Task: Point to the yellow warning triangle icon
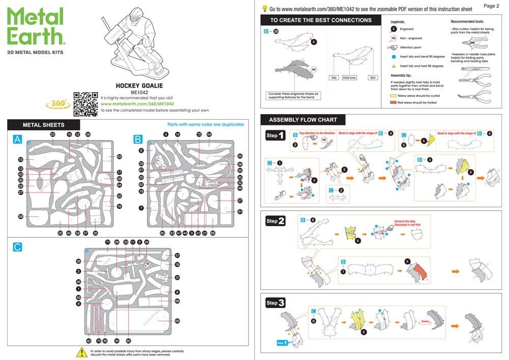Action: (x=81, y=352)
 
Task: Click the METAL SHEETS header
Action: (x=44, y=125)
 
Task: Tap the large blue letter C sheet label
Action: (x=17, y=247)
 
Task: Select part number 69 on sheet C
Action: (x=177, y=321)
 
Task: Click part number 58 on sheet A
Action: (x=21, y=216)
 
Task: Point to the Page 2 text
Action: (x=491, y=6)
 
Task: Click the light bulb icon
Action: (x=265, y=9)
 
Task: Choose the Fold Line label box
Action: (x=349, y=78)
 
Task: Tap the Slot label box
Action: (x=373, y=78)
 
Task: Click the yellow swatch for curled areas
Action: (x=393, y=95)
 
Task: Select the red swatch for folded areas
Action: (x=393, y=102)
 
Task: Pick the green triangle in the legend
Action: (x=393, y=66)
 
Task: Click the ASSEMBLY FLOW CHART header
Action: (x=303, y=120)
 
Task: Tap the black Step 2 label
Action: (x=275, y=221)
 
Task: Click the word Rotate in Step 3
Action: (x=425, y=322)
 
